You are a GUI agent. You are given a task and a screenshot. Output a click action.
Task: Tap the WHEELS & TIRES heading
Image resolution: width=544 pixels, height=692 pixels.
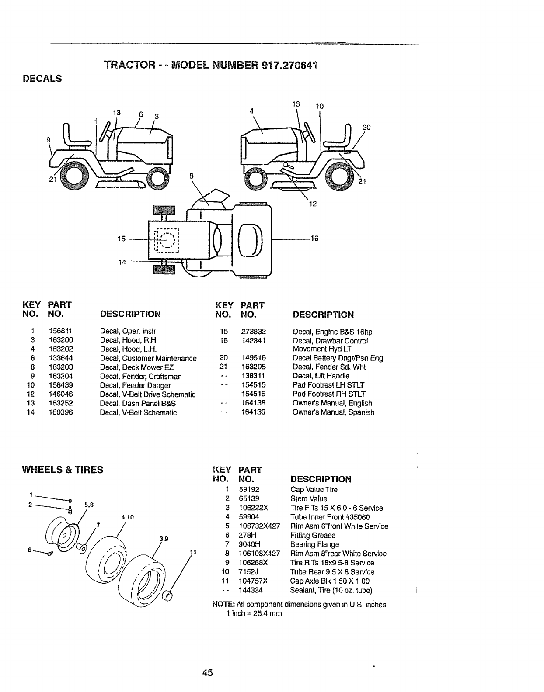pyautogui.click(x=63, y=470)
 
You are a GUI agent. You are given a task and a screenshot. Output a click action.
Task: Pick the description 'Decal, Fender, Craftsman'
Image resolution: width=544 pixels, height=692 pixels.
pyautogui.click(x=141, y=376)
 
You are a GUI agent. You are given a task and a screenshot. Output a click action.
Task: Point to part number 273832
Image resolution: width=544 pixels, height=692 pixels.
pyautogui.click(x=254, y=332)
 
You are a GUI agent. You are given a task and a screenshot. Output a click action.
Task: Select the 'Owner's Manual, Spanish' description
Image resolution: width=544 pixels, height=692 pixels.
pyautogui.click(x=333, y=412)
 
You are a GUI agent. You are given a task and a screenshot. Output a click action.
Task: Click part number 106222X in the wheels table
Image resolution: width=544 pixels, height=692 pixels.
pyautogui.click(x=253, y=508)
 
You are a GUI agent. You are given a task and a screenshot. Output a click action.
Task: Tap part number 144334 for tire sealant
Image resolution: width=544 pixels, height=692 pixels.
pyautogui.click(x=251, y=590)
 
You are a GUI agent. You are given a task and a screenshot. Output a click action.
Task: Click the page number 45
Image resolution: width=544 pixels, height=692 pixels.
pyautogui.click(x=207, y=673)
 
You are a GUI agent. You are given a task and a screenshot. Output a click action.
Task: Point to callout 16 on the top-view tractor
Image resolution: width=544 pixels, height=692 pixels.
pyautogui.click(x=314, y=239)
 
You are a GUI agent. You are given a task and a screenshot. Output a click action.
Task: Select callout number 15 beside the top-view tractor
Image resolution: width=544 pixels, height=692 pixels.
pyautogui.click(x=122, y=239)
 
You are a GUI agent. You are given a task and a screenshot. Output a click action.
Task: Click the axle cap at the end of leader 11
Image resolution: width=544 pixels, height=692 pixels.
pyautogui.click(x=167, y=595)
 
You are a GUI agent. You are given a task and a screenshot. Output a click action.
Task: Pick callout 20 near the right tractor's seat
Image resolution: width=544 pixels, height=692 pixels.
pyautogui.click(x=366, y=127)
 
